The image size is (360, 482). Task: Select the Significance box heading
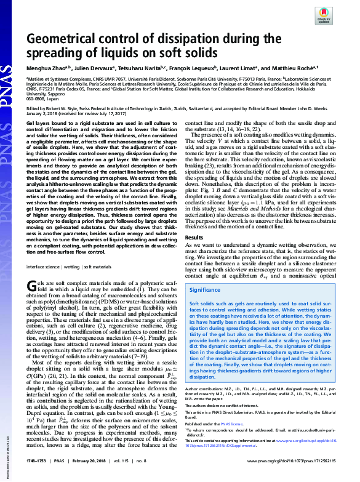(x=206, y=289)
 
